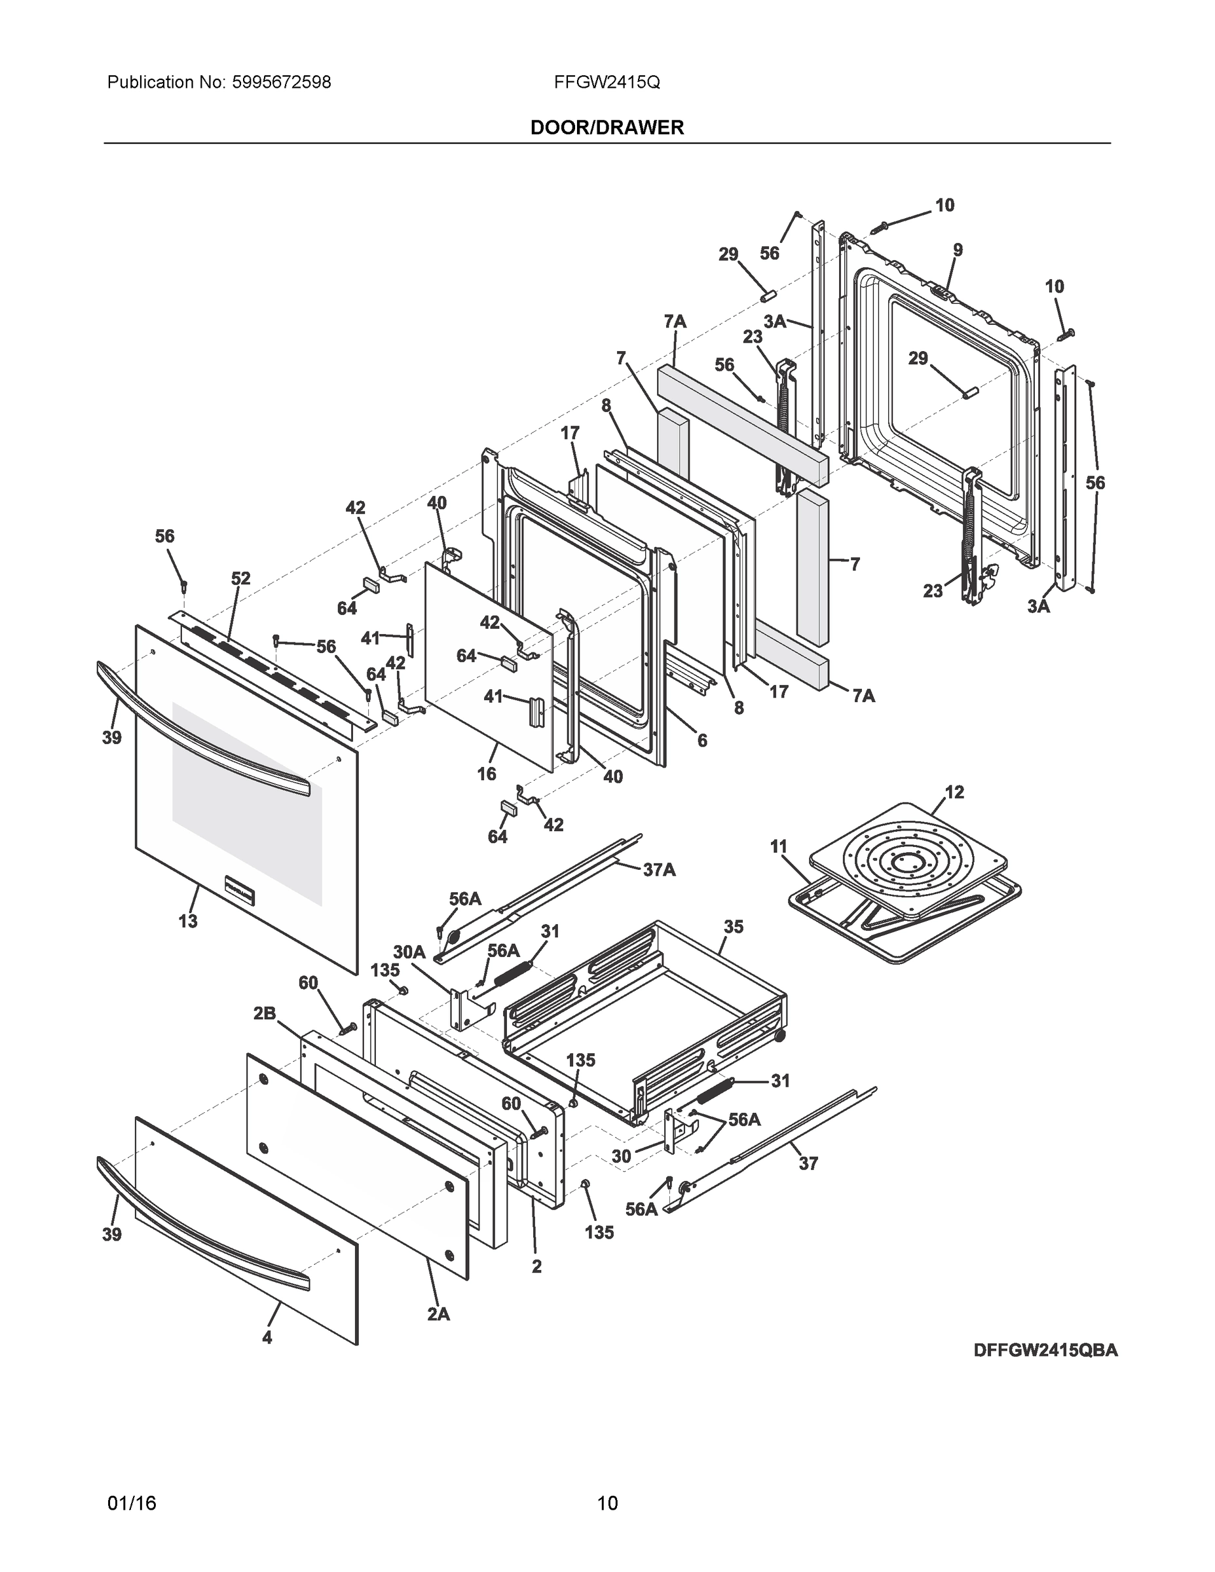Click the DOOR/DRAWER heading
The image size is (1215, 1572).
[607, 128]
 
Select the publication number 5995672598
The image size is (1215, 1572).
[282, 82]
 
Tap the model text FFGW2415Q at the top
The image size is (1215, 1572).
[607, 82]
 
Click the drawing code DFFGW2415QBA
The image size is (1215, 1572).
[1045, 1351]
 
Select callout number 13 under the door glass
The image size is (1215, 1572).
[188, 920]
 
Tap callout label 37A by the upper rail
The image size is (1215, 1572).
[660, 869]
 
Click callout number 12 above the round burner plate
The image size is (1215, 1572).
[954, 792]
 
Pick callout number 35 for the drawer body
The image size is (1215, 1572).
[734, 926]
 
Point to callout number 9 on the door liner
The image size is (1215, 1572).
[958, 250]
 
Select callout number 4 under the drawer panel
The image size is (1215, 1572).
[267, 1338]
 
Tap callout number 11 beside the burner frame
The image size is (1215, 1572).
[779, 846]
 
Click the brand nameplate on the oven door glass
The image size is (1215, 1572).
[240, 889]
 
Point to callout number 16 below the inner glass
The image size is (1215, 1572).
[487, 774]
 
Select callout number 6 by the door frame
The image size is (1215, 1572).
[701, 740]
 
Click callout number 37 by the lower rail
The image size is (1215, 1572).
[808, 1163]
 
